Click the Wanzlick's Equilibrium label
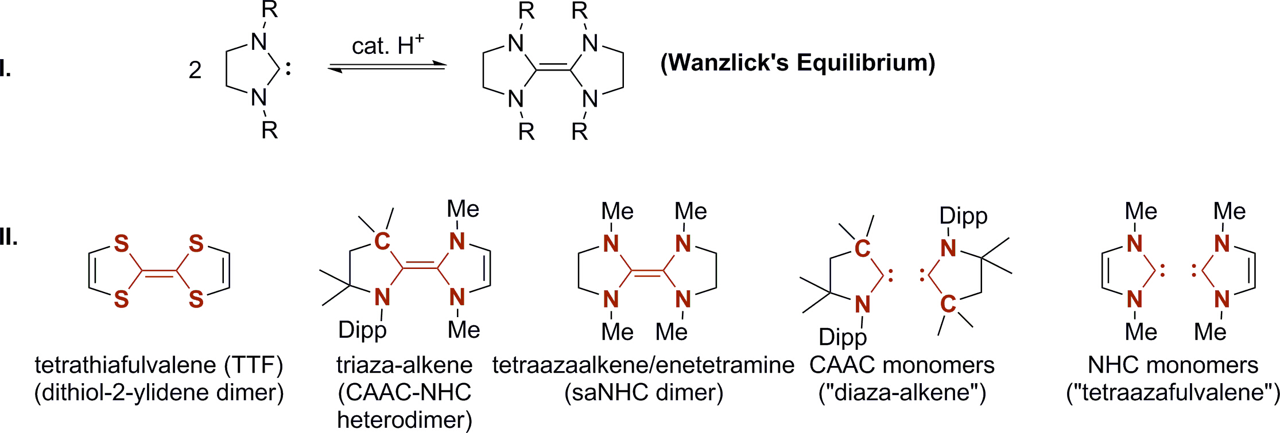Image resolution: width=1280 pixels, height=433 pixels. point(797,63)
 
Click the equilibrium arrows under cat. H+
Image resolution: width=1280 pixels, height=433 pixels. point(387,68)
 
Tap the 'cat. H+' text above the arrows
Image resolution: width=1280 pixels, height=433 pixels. point(387,46)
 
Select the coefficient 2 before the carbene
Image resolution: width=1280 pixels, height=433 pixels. point(195,70)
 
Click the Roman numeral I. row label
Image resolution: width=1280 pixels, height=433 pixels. point(6,69)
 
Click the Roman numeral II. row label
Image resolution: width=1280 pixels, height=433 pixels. point(8,236)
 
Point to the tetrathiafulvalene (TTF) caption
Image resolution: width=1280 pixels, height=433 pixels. point(159,365)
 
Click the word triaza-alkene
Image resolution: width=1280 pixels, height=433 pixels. point(404,365)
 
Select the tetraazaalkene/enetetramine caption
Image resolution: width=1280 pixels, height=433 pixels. point(643,365)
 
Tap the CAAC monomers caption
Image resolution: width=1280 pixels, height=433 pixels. point(902,365)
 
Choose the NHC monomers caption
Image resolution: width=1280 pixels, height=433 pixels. point(1173,365)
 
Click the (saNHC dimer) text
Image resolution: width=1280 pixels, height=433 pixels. point(643,393)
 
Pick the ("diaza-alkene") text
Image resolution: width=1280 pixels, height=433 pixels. point(902,393)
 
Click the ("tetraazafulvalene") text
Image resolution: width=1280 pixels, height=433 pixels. point(1173,393)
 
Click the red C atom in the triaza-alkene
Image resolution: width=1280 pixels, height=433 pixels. point(382,241)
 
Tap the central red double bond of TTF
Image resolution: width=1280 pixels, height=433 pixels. point(159,273)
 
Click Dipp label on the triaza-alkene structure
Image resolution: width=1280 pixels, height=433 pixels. point(362,330)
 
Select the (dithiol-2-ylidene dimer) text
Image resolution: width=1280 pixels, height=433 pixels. point(159,393)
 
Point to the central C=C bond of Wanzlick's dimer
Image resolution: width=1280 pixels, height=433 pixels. point(553,70)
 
